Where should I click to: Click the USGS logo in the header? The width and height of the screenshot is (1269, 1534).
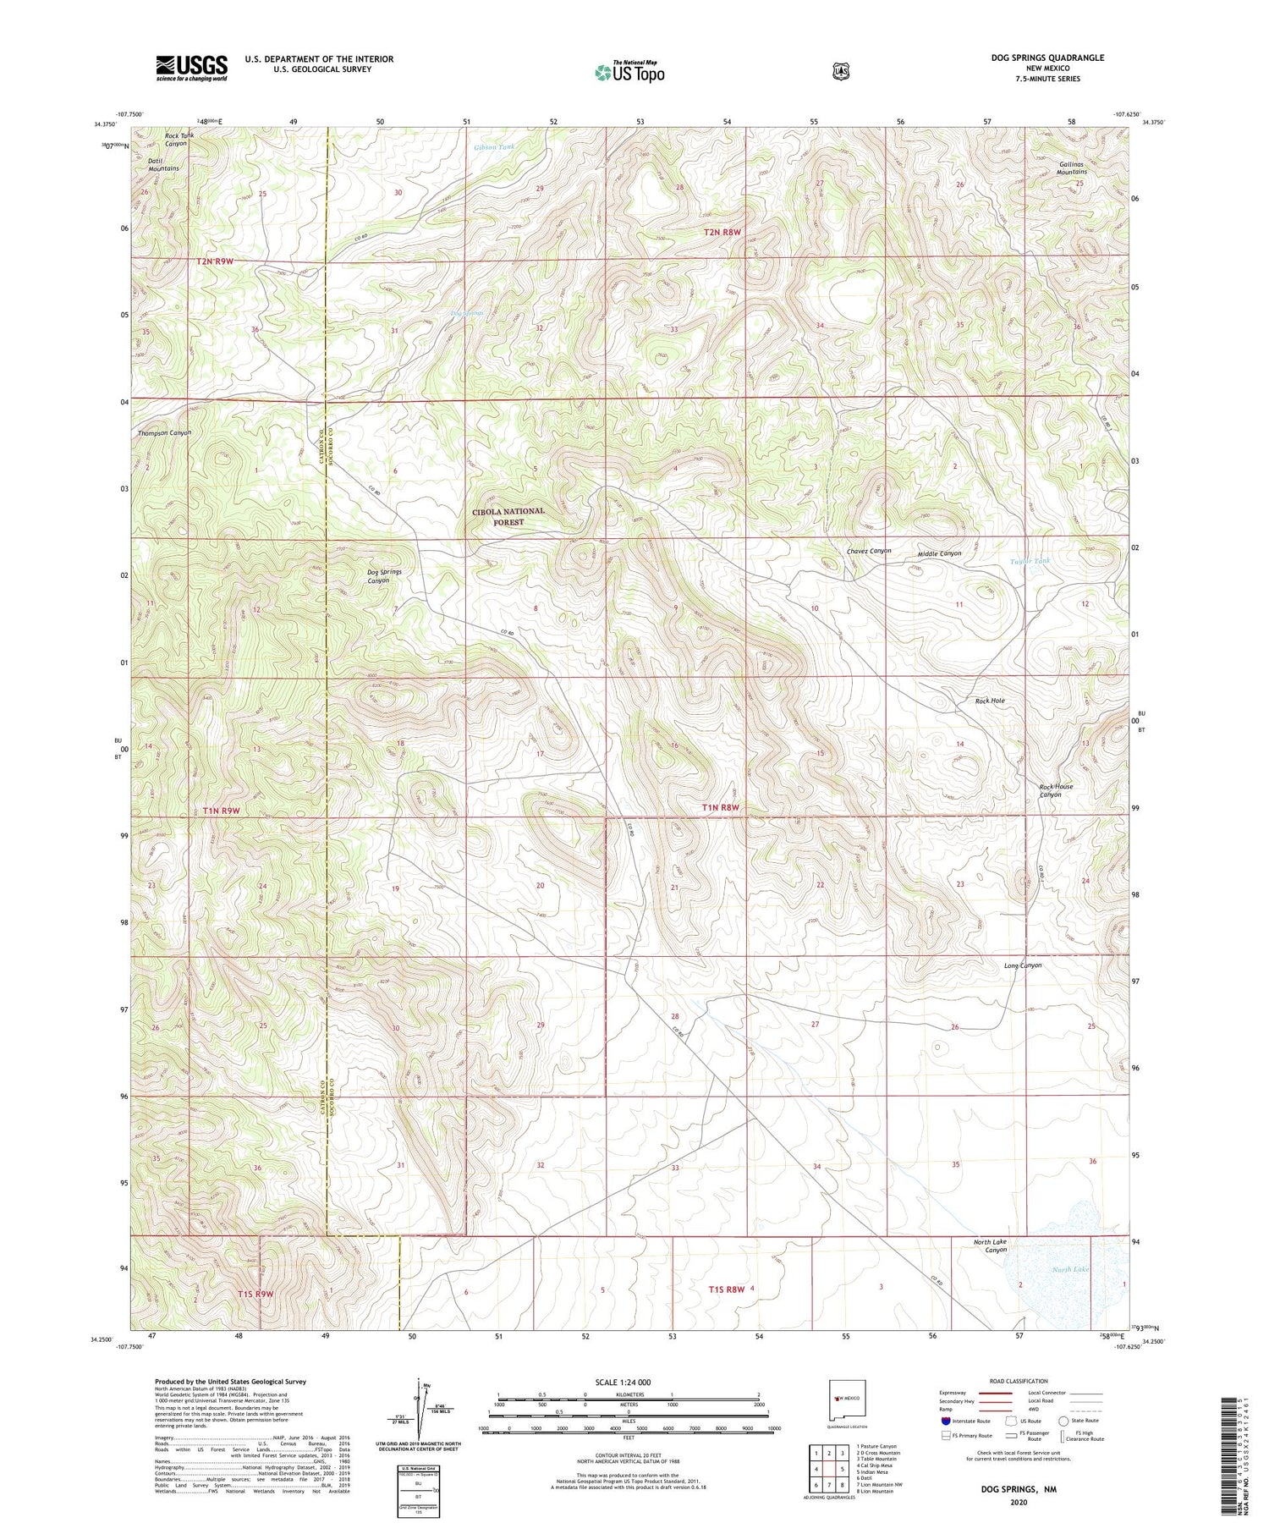click(x=191, y=68)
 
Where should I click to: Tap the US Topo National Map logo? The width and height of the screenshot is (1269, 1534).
click(x=629, y=71)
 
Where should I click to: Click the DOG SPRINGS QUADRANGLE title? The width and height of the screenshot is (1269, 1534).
click(x=1047, y=58)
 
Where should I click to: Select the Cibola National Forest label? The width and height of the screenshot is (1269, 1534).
click(x=508, y=517)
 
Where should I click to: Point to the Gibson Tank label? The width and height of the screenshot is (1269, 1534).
click(x=494, y=147)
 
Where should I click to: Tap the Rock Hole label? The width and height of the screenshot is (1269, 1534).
click(x=990, y=701)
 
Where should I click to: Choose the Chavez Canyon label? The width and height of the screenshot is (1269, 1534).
click(x=869, y=551)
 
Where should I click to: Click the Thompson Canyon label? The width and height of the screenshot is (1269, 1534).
click(x=165, y=432)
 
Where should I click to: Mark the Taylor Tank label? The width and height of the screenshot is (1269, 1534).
click(x=1030, y=561)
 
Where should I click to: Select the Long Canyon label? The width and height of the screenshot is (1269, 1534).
click(x=1023, y=965)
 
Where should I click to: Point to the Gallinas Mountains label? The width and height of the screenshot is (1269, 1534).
click(x=1071, y=167)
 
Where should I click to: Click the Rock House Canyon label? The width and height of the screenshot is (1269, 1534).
click(x=1056, y=790)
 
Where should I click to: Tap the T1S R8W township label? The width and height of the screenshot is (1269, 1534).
click(x=727, y=1289)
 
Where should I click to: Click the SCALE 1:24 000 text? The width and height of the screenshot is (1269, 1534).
click(x=623, y=1382)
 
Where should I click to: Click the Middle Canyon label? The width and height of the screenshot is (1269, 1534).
click(x=940, y=553)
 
